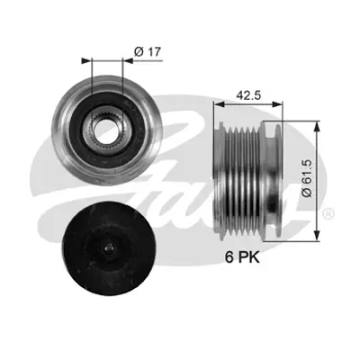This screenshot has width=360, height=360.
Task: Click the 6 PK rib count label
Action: pos(243,256)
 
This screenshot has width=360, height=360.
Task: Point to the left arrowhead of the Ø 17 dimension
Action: pos(85,61)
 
